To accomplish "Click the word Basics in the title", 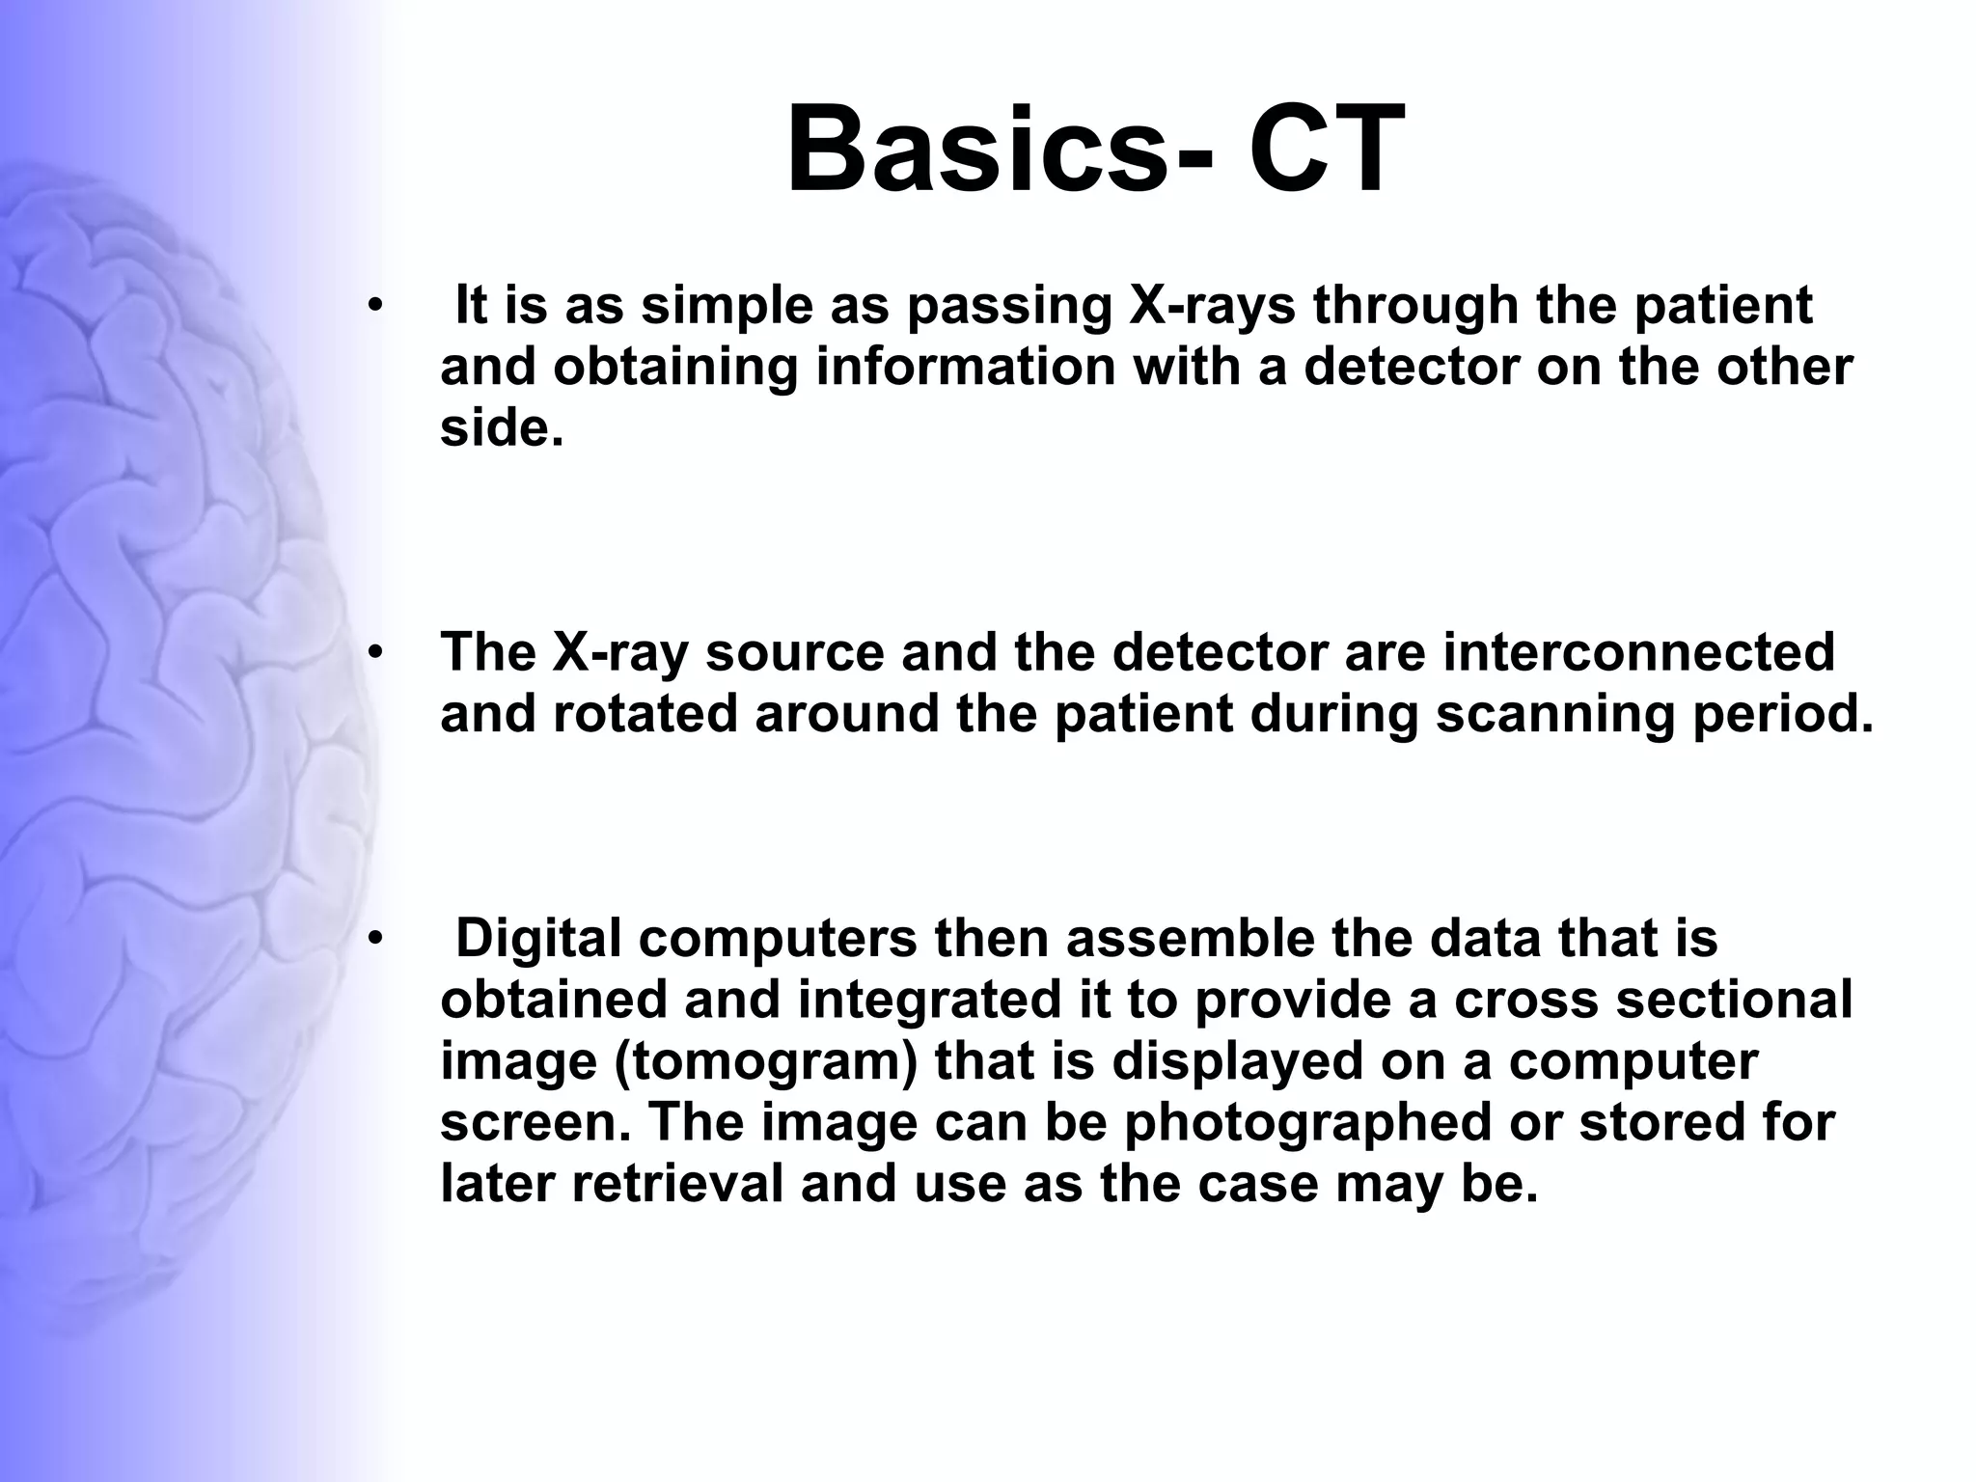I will click(x=979, y=151).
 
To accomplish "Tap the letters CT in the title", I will click(x=1327, y=151).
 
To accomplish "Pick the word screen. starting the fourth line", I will click(x=535, y=1122).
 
